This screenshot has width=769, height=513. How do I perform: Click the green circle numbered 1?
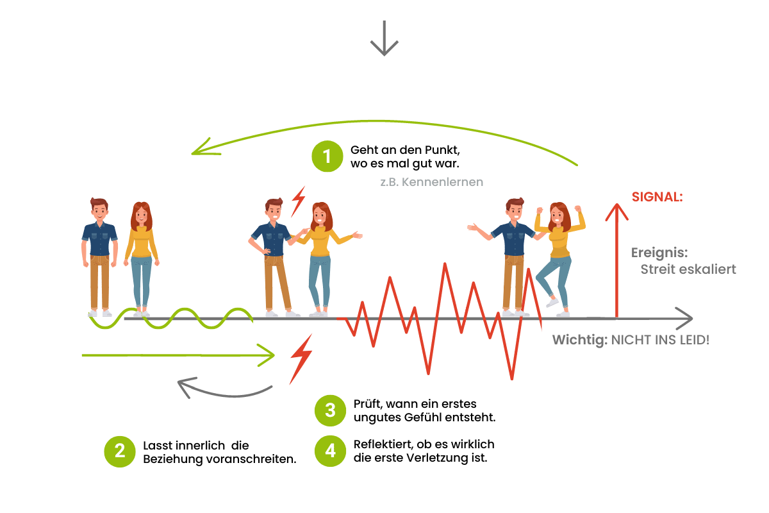point(327,156)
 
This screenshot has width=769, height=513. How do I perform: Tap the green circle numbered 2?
point(120,451)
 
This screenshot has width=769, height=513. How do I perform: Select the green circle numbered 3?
point(330,410)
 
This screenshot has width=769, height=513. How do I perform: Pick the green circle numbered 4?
point(330,451)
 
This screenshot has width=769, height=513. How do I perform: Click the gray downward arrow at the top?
point(384,38)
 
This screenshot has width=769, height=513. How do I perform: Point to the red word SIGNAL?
point(657,198)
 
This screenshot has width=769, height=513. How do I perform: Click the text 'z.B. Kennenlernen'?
point(431,182)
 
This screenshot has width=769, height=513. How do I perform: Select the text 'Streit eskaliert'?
point(688,269)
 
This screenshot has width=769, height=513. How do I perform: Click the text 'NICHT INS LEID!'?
point(660,339)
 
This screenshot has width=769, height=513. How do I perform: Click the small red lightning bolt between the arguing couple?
point(298,201)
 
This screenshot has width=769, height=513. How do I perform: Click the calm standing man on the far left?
point(100,256)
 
